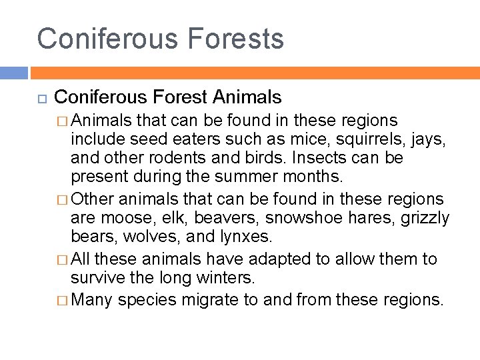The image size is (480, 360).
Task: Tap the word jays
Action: pyautogui.click(x=427, y=140)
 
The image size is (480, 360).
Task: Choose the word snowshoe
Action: pyautogui.click(x=301, y=218)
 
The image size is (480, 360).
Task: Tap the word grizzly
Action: pyautogui.click(x=425, y=218)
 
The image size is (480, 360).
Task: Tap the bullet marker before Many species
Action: pyautogui.click(x=61, y=300)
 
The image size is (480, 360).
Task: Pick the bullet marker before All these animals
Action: pyautogui.click(x=61, y=259)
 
